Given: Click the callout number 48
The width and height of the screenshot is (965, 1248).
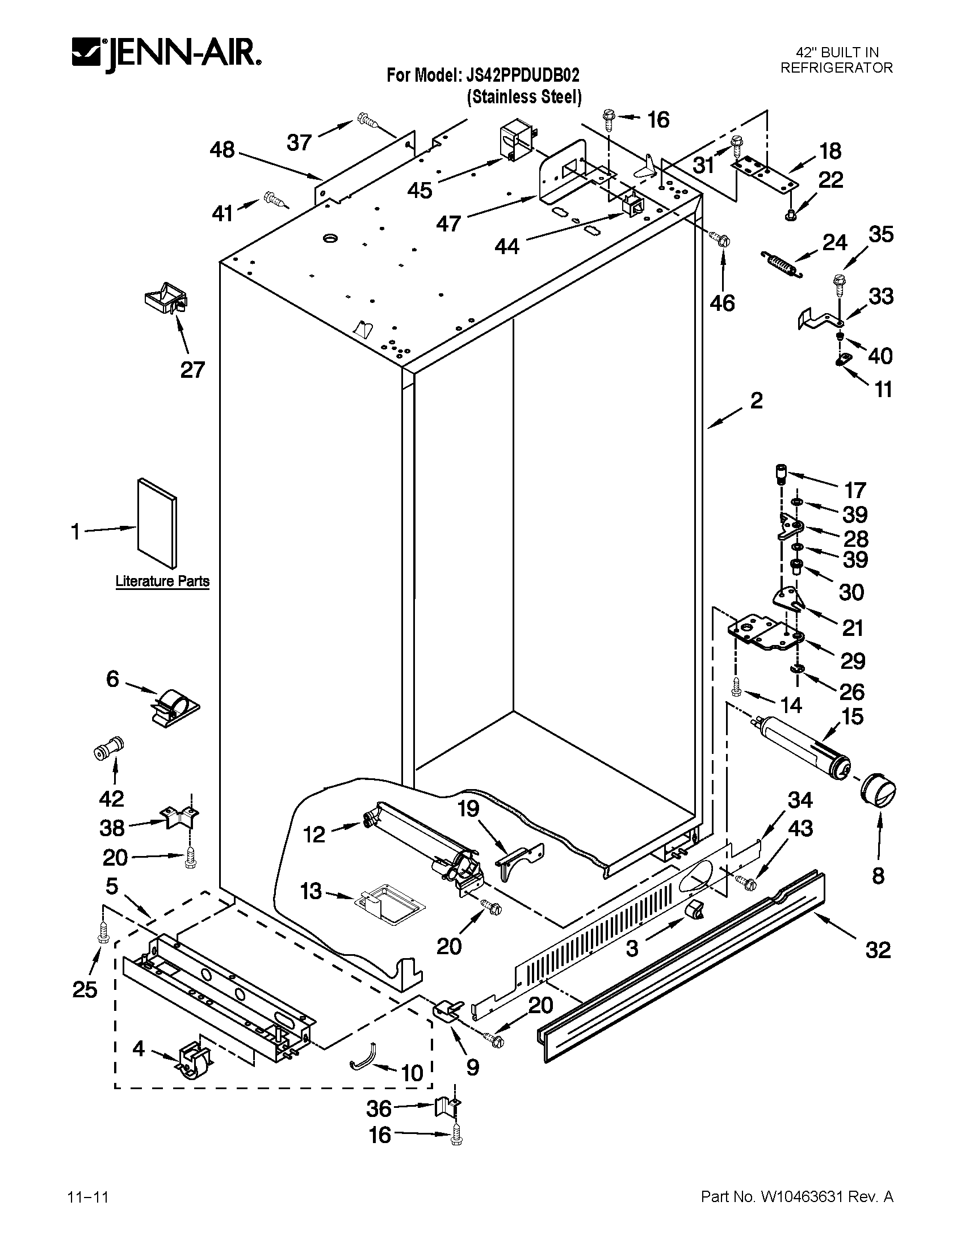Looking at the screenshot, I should point(222,150).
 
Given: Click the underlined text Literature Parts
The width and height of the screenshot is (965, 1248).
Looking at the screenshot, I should point(162,581).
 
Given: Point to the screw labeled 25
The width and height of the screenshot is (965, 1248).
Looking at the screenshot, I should point(103,931).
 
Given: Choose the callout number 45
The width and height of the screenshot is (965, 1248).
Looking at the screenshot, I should point(419,190).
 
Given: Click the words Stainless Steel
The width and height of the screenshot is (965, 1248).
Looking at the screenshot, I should point(525,97).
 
